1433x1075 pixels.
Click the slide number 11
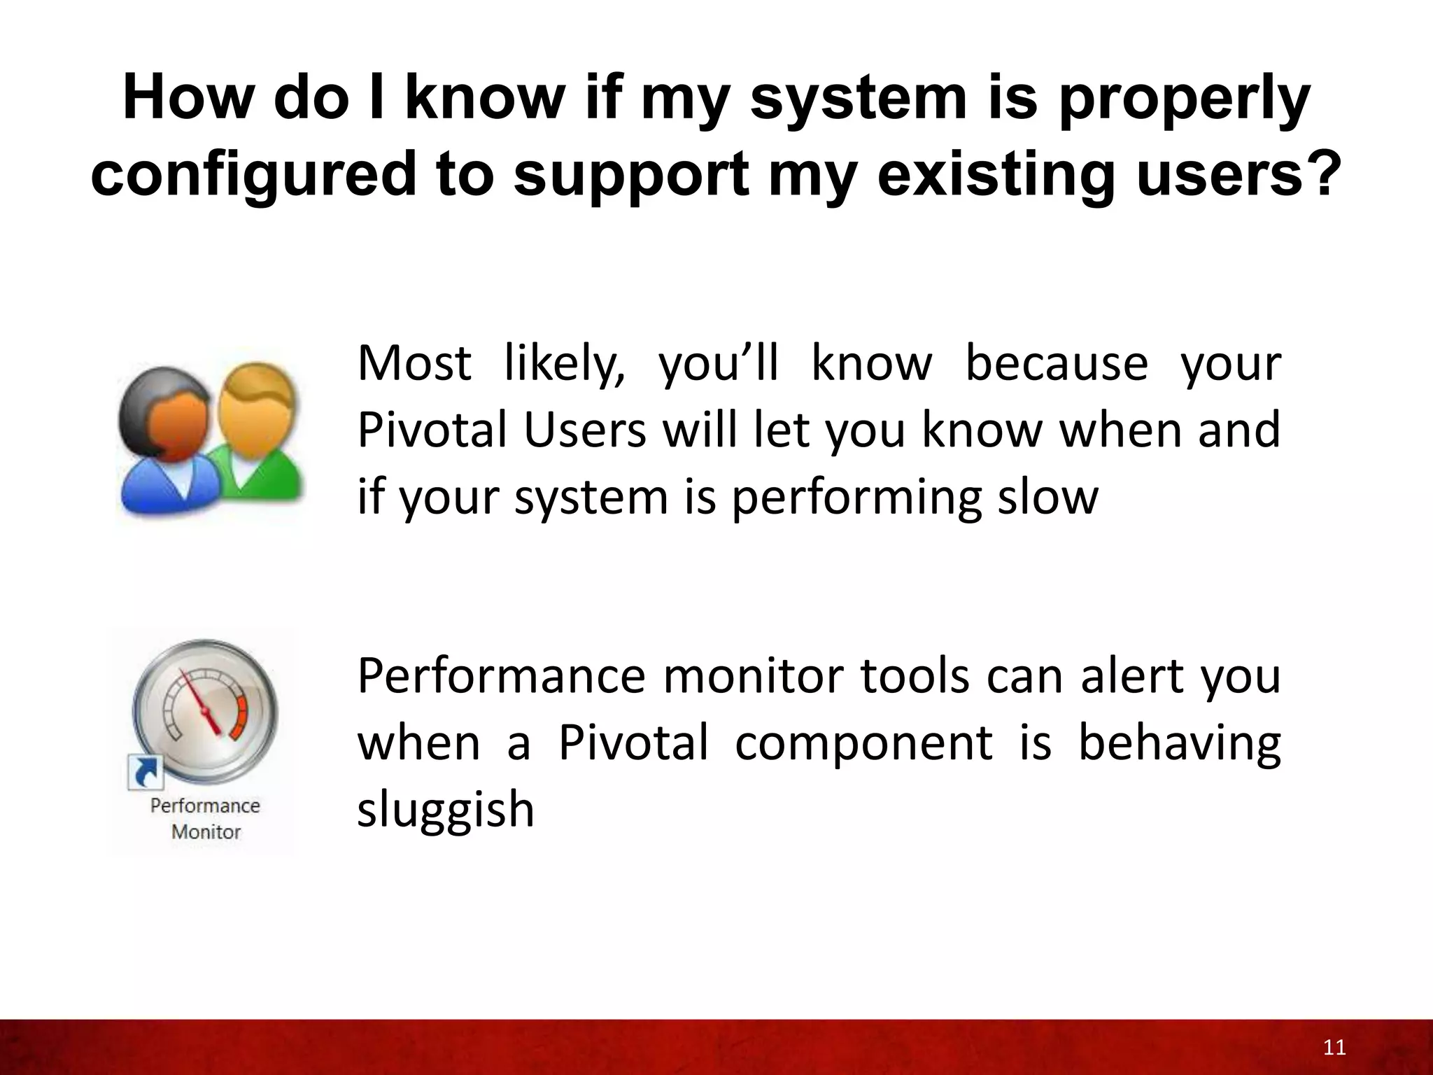click(x=1335, y=1048)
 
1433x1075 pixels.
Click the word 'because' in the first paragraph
click(x=1057, y=364)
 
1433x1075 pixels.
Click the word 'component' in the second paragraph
click(x=863, y=744)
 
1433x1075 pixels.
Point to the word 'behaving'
click(x=1179, y=744)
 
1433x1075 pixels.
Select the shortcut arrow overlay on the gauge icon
click(x=146, y=773)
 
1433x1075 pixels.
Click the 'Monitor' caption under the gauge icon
click(x=206, y=832)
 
